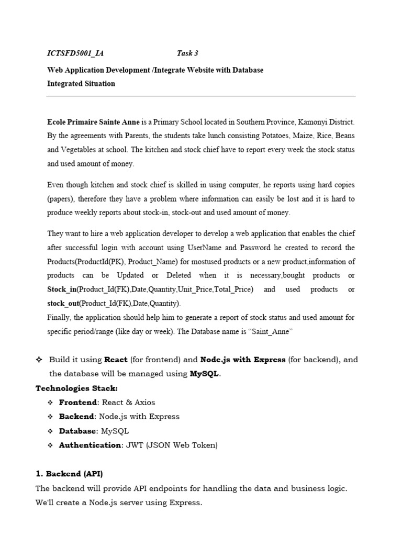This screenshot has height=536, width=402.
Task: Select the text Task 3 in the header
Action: pos(187,53)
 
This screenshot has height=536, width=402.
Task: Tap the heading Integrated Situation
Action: pos(81,84)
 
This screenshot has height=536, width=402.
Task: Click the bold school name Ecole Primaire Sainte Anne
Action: pos(94,122)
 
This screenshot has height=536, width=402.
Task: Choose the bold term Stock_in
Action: pos(62,289)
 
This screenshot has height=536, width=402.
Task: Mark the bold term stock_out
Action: pos(63,303)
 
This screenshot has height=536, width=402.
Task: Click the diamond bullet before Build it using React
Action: pos(39,360)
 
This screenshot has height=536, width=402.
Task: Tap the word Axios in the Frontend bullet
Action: pos(143,403)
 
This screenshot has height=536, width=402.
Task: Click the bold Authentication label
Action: pos(90,445)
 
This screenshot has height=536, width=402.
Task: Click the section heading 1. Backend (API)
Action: pos(69,474)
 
